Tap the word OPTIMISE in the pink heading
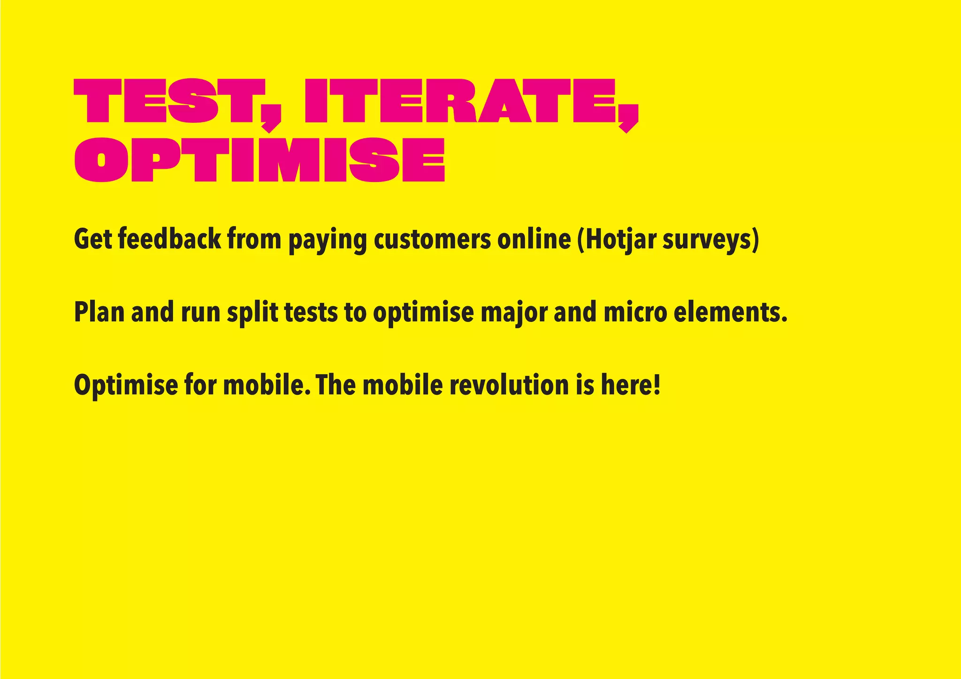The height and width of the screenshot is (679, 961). click(x=259, y=160)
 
